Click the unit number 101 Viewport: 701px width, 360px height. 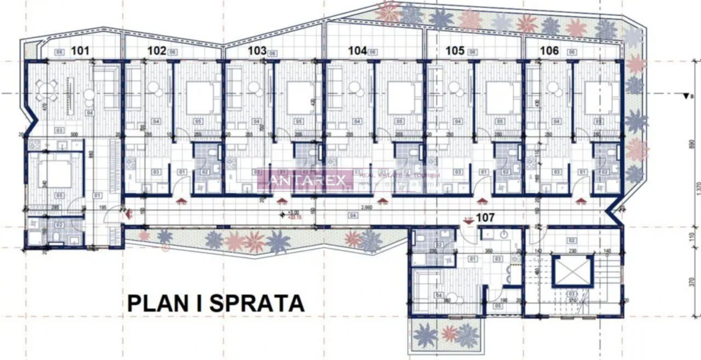[x=80, y=52]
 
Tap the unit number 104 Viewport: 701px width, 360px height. [x=357, y=51]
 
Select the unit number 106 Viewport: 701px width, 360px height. [x=549, y=51]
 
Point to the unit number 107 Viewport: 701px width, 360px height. [x=486, y=218]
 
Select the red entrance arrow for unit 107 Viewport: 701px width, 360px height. [x=469, y=220]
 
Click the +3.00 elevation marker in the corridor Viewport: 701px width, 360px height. [x=295, y=213]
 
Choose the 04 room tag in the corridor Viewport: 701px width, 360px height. [x=353, y=216]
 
